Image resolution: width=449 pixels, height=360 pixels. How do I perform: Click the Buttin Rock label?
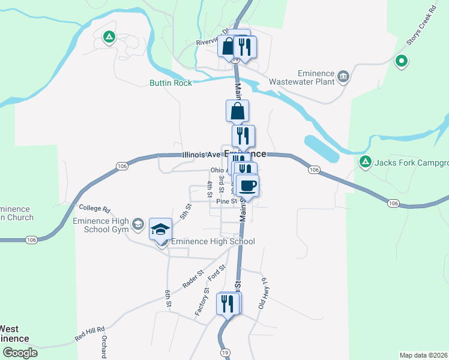[x=171, y=83]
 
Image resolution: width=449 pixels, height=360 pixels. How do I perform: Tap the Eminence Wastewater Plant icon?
[x=343, y=76]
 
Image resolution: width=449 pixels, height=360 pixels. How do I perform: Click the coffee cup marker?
[x=247, y=185]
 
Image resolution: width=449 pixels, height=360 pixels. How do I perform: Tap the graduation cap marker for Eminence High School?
[x=160, y=229]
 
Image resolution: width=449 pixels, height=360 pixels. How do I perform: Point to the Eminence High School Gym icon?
[x=137, y=225]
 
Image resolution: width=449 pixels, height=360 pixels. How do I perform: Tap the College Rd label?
[x=95, y=209]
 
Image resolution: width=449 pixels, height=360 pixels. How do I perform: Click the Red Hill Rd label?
[x=89, y=334]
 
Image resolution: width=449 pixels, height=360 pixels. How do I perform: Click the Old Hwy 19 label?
[x=262, y=293]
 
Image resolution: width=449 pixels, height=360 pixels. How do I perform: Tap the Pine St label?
[x=226, y=201]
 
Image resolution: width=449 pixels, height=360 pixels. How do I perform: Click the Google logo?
[x=19, y=353]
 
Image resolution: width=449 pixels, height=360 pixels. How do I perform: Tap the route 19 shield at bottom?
[x=224, y=352]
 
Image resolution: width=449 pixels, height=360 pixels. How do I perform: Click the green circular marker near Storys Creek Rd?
[x=401, y=61]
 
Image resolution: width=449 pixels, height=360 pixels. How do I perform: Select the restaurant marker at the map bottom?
[x=228, y=304]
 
